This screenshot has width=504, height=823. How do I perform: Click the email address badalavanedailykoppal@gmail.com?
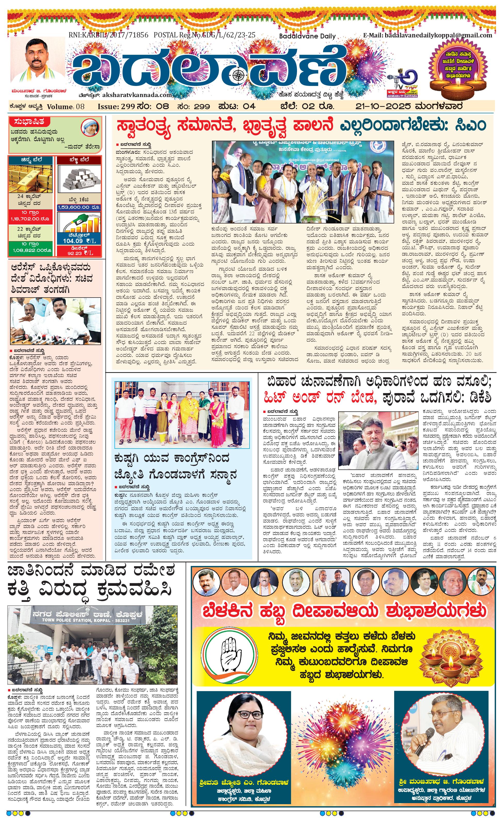(x=428, y=35)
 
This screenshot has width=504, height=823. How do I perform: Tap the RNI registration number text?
(x=108, y=35)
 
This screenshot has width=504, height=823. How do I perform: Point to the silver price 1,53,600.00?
(x=79, y=207)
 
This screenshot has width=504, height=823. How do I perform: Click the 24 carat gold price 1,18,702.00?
(x=30, y=219)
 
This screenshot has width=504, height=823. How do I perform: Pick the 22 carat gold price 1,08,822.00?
(x=30, y=250)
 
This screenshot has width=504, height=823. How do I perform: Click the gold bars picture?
(x=30, y=178)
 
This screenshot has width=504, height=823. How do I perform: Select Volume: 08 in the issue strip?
(x=66, y=107)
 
